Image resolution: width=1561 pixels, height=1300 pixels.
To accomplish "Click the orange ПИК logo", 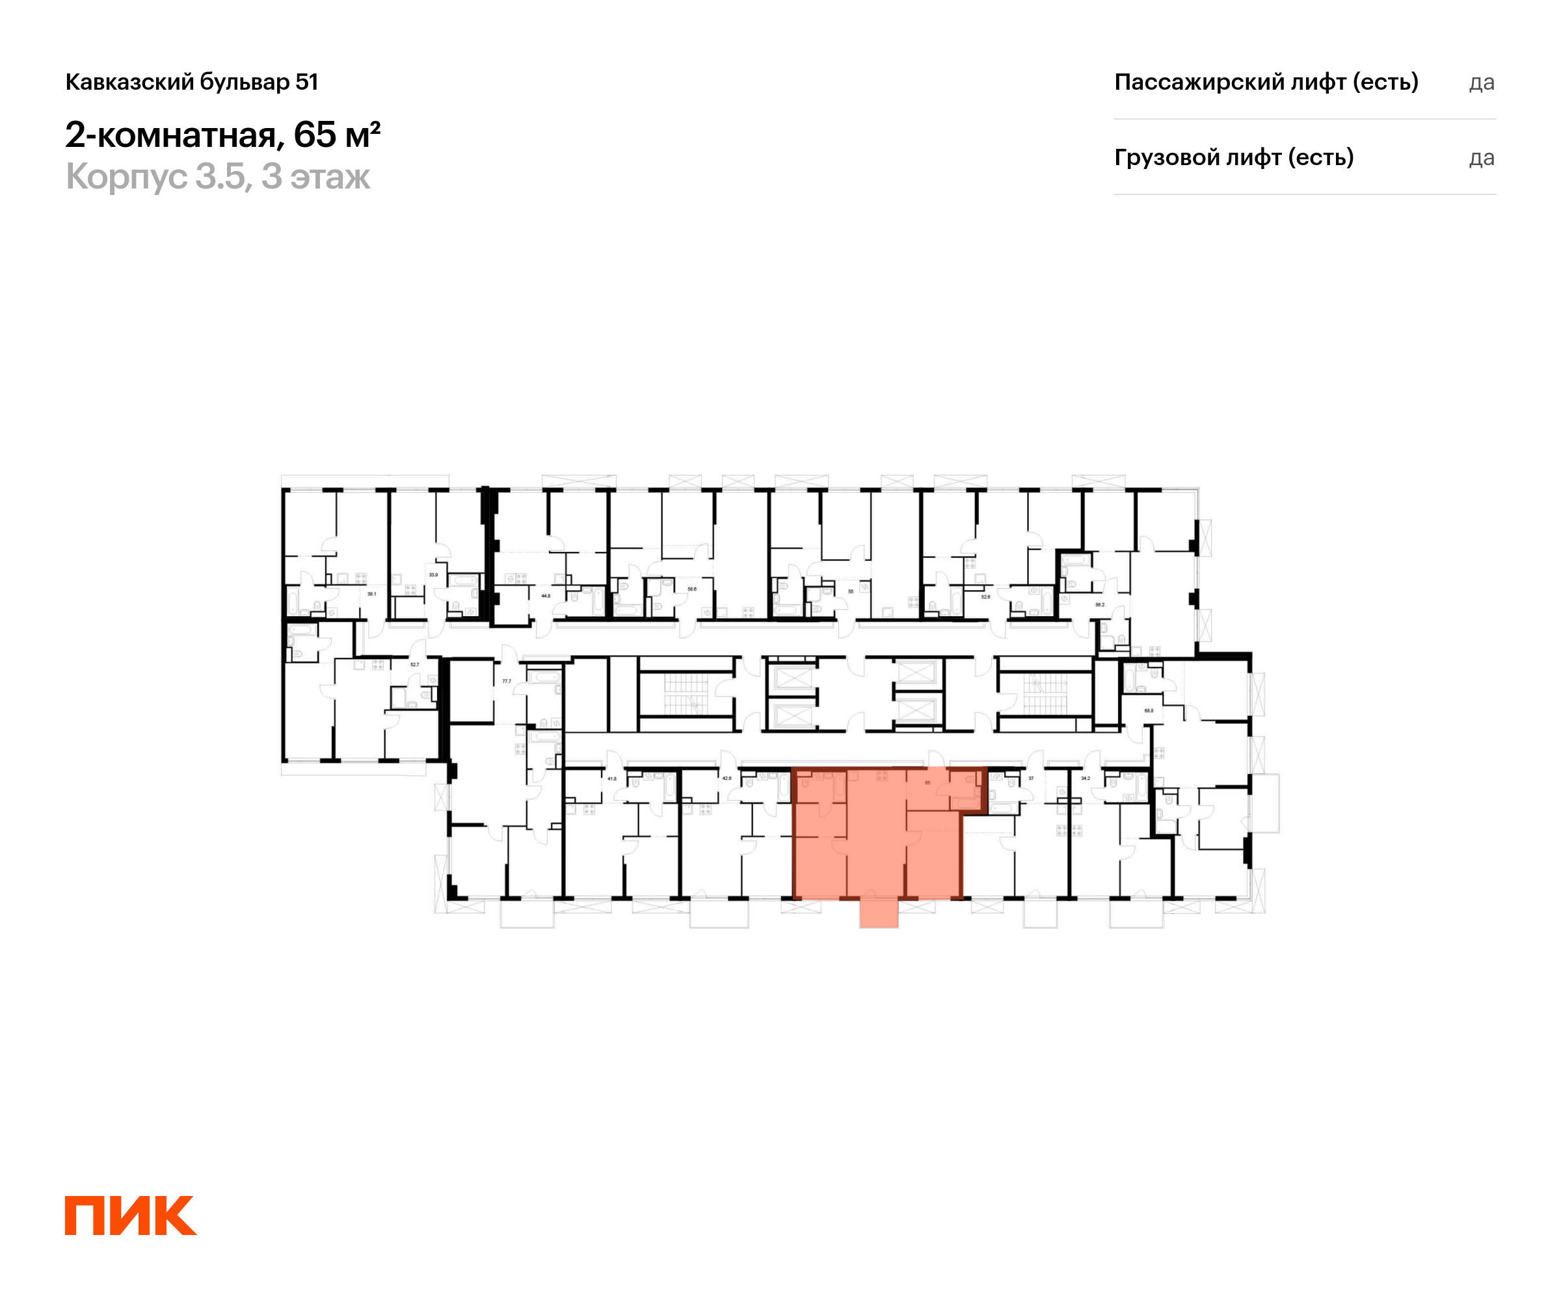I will (x=130, y=1215).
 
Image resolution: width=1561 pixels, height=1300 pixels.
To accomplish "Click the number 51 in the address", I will (x=306, y=82).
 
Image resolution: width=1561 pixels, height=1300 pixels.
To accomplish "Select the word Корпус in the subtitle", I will (x=126, y=177).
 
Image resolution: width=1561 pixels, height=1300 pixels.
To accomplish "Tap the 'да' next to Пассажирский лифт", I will (x=1481, y=83).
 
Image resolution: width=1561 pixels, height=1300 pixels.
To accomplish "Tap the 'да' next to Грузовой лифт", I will (x=1481, y=158).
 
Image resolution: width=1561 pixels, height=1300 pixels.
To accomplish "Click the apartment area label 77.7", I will (x=506, y=681).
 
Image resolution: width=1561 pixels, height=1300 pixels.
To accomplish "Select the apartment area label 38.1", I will (x=371, y=594).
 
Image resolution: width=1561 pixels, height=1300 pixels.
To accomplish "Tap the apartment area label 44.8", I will (x=546, y=596).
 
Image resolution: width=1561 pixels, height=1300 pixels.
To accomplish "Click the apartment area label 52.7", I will (x=415, y=665).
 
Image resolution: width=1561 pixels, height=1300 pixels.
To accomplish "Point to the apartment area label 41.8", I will (x=612, y=779).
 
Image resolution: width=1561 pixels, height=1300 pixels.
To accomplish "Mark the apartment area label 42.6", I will (x=727, y=779).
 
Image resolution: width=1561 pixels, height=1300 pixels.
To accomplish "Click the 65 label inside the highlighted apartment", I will (x=927, y=782).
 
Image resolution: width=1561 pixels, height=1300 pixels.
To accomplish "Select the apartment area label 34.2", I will (x=1086, y=779).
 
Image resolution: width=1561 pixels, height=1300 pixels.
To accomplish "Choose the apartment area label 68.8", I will (x=1149, y=711).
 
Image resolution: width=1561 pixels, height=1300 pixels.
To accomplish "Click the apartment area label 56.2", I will (x=1100, y=604).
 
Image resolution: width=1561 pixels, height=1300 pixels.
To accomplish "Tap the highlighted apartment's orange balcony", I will (x=879, y=913).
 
